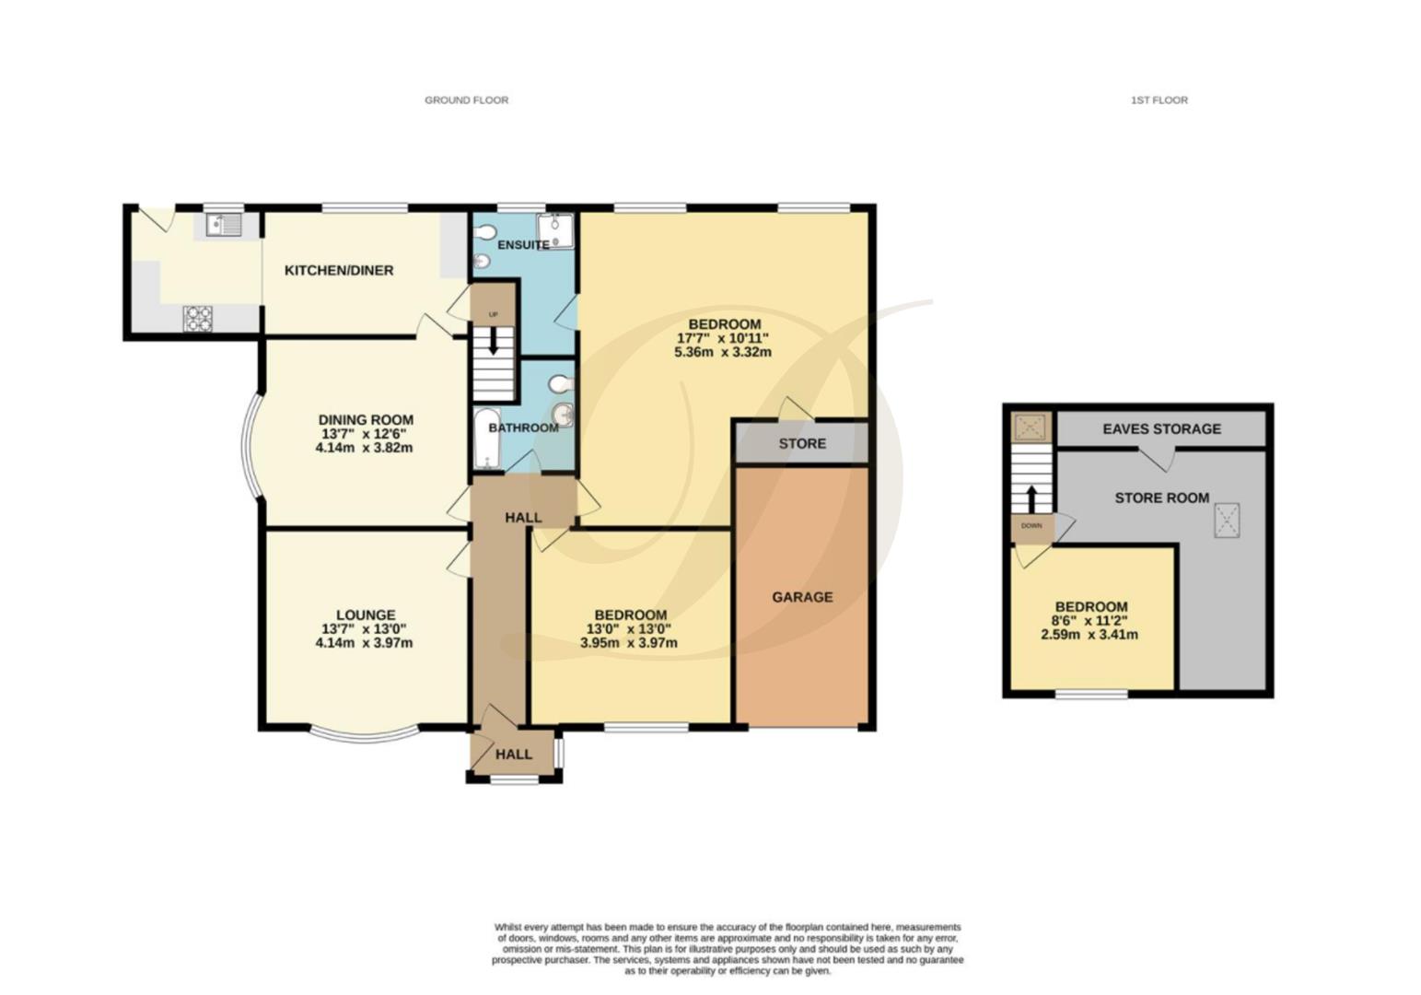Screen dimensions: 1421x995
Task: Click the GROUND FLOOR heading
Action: click(x=466, y=100)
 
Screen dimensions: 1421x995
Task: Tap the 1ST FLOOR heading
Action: click(x=1159, y=100)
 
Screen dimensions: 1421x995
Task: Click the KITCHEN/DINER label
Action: click(x=339, y=270)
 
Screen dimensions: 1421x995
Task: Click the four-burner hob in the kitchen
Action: click(x=198, y=319)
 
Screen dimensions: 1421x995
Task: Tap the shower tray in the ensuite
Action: click(x=555, y=231)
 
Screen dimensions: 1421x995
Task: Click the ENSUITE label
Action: click(x=523, y=245)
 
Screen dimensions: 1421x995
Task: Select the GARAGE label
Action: click(x=802, y=597)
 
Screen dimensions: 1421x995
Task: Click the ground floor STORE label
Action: click(x=802, y=443)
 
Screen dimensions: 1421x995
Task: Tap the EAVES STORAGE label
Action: click(x=1161, y=429)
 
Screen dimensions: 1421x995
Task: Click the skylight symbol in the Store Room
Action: click(x=1227, y=521)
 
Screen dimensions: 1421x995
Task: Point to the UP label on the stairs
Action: click(x=493, y=314)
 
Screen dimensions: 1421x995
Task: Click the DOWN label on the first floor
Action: click(x=1031, y=526)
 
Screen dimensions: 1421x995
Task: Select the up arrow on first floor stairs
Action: click(x=1031, y=499)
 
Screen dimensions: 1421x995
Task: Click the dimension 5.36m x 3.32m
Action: click(x=723, y=352)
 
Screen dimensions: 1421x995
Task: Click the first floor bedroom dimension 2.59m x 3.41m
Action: click(x=1089, y=634)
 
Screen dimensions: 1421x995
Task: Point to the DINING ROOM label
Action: click(x=366, y=420)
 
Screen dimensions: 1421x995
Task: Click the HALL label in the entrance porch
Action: click(x=513, y=755)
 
